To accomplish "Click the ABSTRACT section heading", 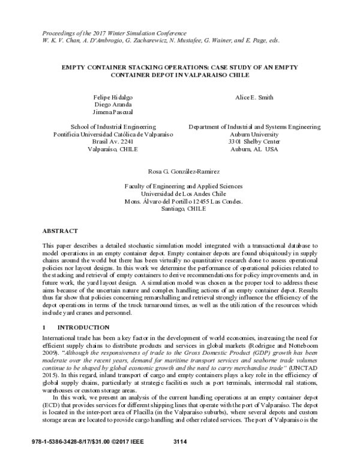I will [x=60, y=231].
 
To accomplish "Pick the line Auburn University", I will [x=254, y=135].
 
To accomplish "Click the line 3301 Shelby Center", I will [x=254, y=142].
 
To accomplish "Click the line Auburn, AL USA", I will [x=254, y=150].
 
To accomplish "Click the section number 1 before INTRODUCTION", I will [x=44, y=327].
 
